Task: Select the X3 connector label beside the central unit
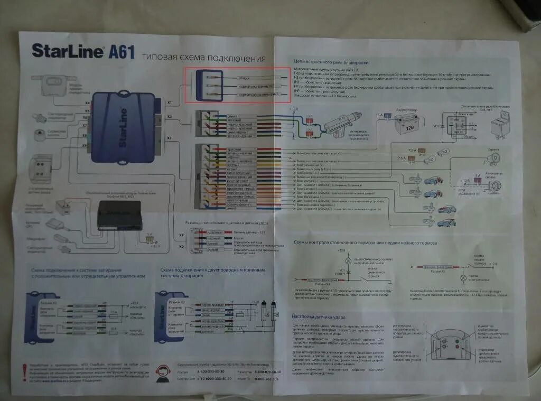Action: click(x=169, y=138)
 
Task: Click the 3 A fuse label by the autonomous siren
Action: click(x=477, y=175)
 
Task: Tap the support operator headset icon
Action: click(x=162, y=373)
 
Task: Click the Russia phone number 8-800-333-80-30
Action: click(x=214, y=372)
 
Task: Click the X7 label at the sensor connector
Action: click(x=182, y=235)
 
